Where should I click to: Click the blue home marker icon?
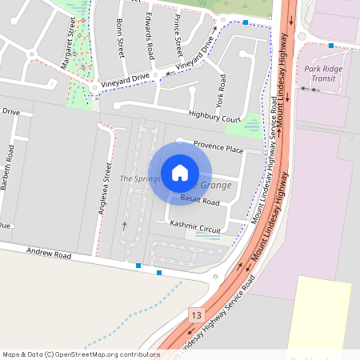pos(180,172)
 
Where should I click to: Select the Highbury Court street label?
pos(214,118)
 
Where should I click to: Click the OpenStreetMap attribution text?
pos(81,354)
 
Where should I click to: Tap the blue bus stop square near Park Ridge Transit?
pos(330,46)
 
